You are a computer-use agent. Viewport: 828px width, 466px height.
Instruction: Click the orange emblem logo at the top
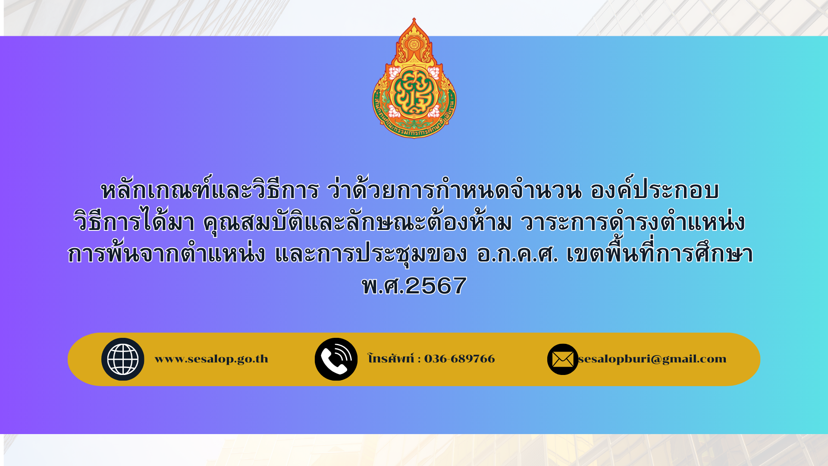[x=414, y=78]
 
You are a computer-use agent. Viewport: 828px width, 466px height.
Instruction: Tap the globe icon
[x=123, y=359]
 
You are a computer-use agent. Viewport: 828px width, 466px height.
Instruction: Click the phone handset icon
[x=336, y=359]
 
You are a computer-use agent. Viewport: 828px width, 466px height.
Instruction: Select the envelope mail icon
[x=563, y=359]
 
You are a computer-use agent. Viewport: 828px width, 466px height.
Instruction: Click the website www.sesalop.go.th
[x=211, y=359]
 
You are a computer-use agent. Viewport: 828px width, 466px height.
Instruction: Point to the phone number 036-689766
[x=460, y=359]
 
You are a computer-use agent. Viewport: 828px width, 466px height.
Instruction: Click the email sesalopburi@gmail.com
[x=652, y=359]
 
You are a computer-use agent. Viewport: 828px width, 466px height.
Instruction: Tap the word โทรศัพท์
[x=391, y=358]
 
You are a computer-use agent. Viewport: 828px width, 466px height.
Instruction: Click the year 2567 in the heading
[x=436, y=286]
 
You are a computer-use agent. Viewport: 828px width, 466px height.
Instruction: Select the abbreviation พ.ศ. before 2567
[x=383, y=286]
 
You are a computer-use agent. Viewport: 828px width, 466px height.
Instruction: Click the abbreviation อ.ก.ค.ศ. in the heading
[x=517, y=254]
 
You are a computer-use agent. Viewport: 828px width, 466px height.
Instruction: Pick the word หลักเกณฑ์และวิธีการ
[x=210, y=189]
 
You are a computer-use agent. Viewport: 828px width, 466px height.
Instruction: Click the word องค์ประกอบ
[x=655, y=189]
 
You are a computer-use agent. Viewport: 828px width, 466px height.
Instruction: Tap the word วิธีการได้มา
[x=134, y=222]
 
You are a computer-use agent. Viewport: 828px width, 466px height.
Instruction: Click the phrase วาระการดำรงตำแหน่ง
[x=633, y=221]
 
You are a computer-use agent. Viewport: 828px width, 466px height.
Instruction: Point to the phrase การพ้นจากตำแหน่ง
[x=166, y=253]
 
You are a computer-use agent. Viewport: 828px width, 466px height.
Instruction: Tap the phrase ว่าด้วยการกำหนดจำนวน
[x=455, y=189]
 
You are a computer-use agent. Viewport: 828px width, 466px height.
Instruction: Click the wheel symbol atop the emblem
[x=414, y=44]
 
